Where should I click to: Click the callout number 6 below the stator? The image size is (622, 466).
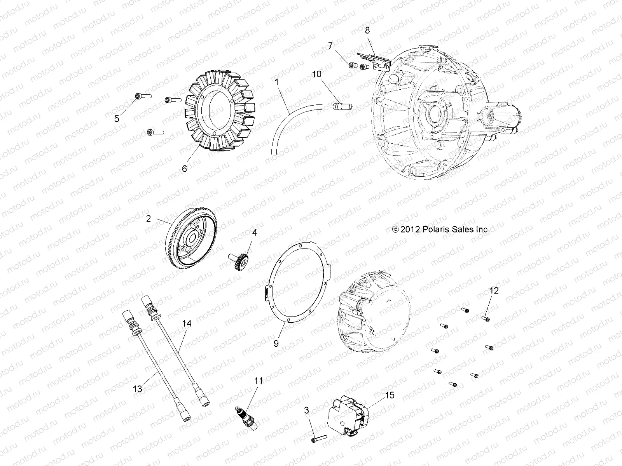pos(184,169)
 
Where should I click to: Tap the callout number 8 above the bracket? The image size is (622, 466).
pos(367,30)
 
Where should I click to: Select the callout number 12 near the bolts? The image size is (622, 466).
pos(493,290)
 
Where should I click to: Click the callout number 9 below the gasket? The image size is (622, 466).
pos(276,343)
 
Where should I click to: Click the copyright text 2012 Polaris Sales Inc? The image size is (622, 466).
pos(441,230)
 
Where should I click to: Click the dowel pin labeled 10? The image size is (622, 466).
pos(341,106)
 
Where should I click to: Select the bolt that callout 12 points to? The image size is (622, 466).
pos(485,319)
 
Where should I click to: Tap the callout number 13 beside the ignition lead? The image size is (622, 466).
pos(138,389)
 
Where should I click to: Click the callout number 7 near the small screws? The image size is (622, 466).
pos(330,46)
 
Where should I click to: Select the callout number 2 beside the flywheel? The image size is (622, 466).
pos(149,219)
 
